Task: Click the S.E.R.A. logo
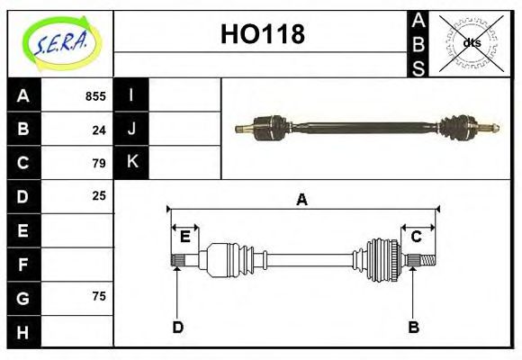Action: click(60, 42)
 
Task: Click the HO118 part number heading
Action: click(262, 35)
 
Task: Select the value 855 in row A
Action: click(95, 96)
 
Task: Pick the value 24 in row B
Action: click(99, 130)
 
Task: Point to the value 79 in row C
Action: click(99, 163)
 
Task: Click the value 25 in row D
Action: click(99, 195)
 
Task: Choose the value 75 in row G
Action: click(99, 296)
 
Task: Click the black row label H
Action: click(22, 331)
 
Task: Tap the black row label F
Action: click(22, 264)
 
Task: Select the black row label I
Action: click(131, 95)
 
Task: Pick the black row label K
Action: click(131, 162)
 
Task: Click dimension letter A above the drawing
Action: click(302, 200)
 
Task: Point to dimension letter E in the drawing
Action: click(184, 237)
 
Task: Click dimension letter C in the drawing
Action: click(417, 237)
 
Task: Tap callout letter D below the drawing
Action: click(177, 327)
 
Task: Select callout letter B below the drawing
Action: click(413, 327)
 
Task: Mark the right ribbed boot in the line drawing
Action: click(381, 260)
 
